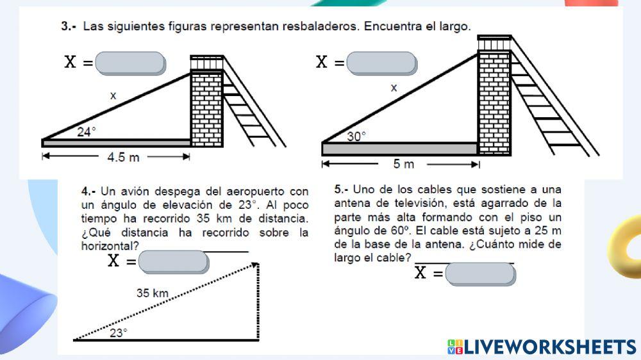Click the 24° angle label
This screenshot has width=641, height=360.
pyautogui.click(x=87, y=132)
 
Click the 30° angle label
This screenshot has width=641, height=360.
pyautogui.click(x=356, y=136)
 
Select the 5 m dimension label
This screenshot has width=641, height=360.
pyautogui.click(x=404, y=165)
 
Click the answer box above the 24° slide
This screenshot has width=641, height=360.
pyautogui.click(x=133, y=63)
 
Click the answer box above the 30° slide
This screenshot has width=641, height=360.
pyautogui.click(x=381, y=63)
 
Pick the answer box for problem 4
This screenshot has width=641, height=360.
pyautogui.click(x=173, y=261)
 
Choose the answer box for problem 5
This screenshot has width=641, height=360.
pyautogui.click(x=480, y=274)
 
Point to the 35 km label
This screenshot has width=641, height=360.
pyautogui.click(x=152, y=293)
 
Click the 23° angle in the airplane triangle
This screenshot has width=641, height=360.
pyautogui.click(x=118, y=332)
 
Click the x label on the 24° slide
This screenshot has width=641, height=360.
pyautogui.click(x=113, y=96)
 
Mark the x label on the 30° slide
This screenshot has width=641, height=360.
pyautogui.click(x=394, y=88)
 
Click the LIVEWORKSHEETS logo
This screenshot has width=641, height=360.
pyautogui.click(x=542, y=347)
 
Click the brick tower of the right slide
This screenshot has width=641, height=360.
pyautogui.click(x=494, y=102)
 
